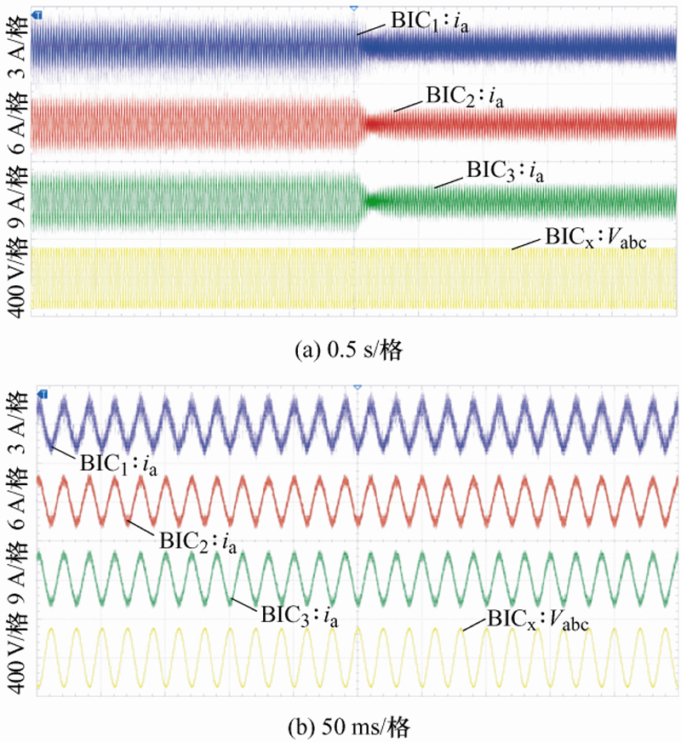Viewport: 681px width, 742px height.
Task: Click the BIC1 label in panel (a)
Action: (x=431, y=20)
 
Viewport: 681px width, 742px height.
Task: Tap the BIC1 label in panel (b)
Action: (x=119, y=464)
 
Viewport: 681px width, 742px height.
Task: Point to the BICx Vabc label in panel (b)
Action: (x=538, y=622)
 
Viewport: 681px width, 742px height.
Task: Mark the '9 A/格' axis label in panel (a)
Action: (x=14, y=195)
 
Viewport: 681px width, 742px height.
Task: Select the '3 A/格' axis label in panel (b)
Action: (x=14, y=430)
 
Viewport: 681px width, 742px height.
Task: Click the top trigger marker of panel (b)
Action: (x=356, y=387)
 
